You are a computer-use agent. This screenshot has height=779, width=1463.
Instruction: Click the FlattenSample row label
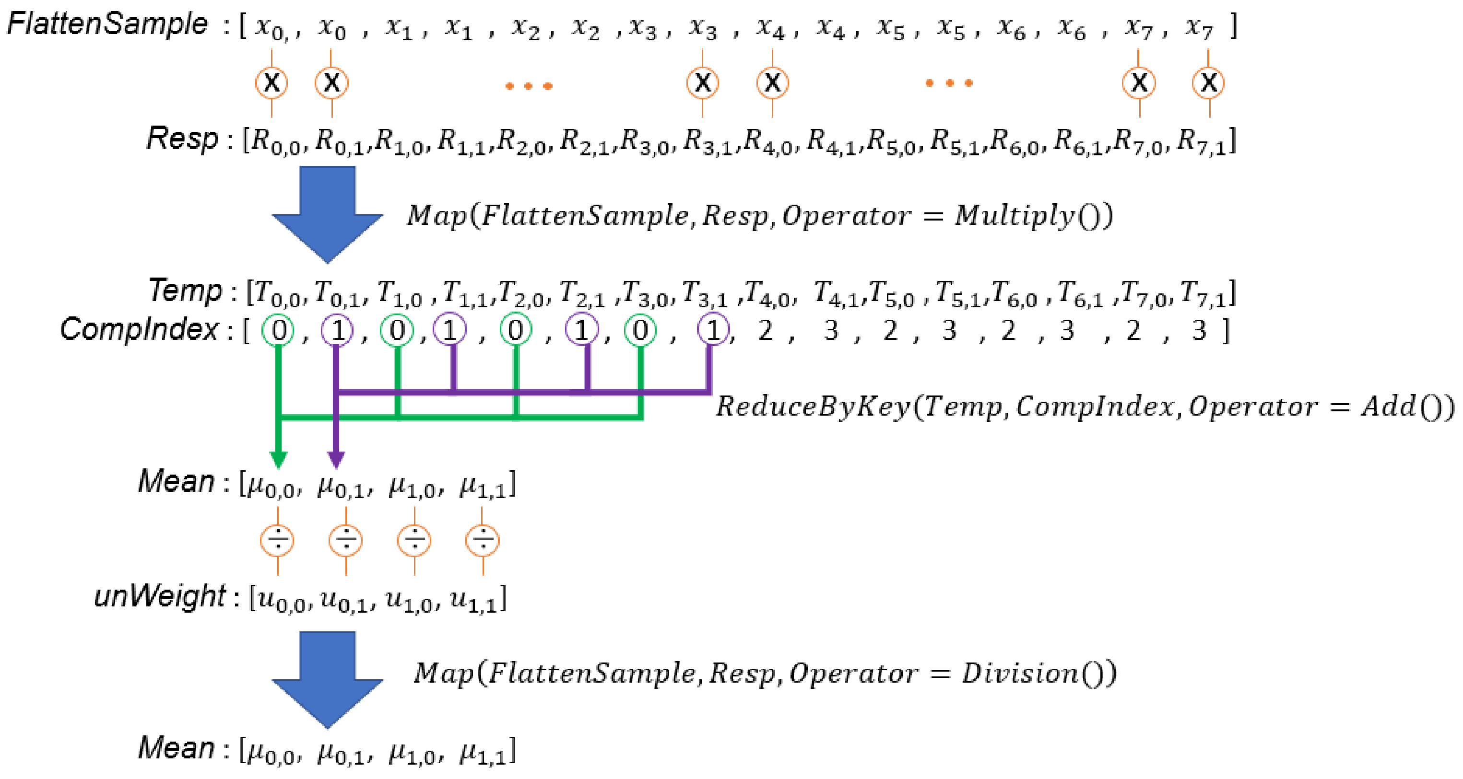(108, 24)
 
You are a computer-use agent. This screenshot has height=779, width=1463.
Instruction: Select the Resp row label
(182, 139)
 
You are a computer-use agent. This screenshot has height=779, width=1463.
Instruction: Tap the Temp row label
(185, 291)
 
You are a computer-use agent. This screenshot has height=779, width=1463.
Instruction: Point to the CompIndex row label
(139, 329)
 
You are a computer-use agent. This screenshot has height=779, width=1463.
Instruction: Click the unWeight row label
(160, 596)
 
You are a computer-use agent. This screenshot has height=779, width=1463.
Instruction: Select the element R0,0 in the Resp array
(275, 141)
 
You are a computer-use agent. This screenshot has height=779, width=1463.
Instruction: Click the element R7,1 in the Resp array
(1201, 141)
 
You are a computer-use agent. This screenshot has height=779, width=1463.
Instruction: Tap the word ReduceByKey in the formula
(812, 407)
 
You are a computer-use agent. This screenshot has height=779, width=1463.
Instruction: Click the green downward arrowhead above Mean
(278, 459)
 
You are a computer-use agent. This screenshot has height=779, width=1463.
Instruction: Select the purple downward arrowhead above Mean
(336, 459)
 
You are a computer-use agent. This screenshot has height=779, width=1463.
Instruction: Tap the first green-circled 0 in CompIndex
(278, 330)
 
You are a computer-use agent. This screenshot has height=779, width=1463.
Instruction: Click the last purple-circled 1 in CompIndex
(713, 330)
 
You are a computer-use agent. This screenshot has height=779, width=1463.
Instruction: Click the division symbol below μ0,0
(277, 539)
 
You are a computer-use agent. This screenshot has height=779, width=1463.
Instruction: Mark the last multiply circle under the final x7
(1208, 83)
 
